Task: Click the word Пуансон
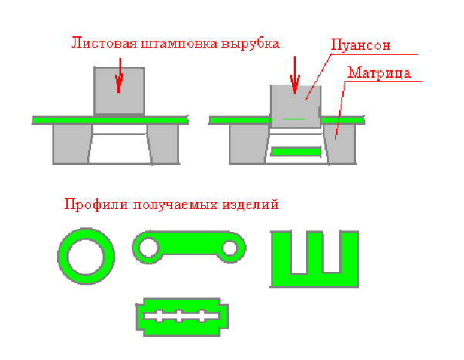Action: (x=361, y=45)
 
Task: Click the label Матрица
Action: (x=379, y=72)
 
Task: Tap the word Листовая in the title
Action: (x=104, y=43)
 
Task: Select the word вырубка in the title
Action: (x=250, y=44)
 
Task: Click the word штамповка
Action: (x=180, y=44)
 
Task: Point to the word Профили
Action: (x=96, y=204)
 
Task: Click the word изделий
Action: (x=250, y=204)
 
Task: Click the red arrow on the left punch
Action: (x=119, y=76)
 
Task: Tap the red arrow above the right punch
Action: (x=294, y=76)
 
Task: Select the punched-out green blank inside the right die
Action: (x=296, y=152)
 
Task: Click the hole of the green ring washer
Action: (x=86, y=257)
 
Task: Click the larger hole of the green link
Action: (x=149, y=247)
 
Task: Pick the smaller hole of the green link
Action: (x=230, y=248)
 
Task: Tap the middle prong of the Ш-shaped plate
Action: (x=314, y=252)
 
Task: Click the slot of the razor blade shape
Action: (x=181, y=316)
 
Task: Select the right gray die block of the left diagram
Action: (x=163, y=143)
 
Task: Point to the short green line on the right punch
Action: (x=294, y=119)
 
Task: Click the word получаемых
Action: (x=175, y=205)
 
